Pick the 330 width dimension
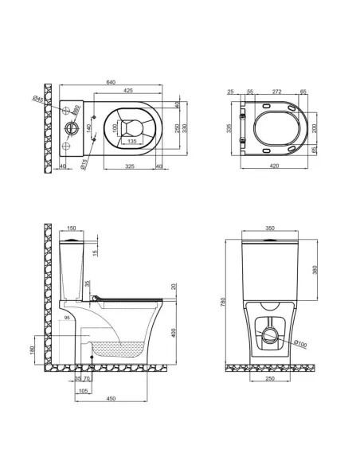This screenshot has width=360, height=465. (184, 128)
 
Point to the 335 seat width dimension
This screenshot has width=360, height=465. (229, 129)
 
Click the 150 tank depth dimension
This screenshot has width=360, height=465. (73, 227)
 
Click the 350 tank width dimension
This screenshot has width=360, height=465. (269, 229)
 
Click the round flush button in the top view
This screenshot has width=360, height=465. (72, 128)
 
